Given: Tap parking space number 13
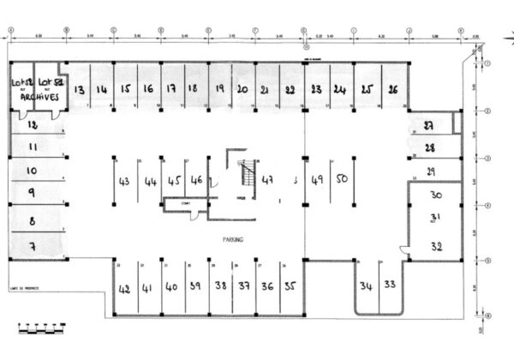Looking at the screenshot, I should (79, 89).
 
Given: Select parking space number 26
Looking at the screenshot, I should (392, 89).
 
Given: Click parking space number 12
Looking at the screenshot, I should (33, 125).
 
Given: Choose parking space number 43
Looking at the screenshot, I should (125, 181).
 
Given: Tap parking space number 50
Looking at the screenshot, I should (341, 179).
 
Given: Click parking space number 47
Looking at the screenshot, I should (269, 180).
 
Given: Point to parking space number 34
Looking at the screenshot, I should (367, 285).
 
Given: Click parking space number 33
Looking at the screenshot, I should (391, 284).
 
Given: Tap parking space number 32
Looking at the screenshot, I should (437, 246).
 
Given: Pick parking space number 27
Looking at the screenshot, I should (430, 126).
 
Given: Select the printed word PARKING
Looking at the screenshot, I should (231, 240).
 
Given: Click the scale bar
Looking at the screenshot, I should (41, 327).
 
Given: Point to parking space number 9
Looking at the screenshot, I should (32, 193).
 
